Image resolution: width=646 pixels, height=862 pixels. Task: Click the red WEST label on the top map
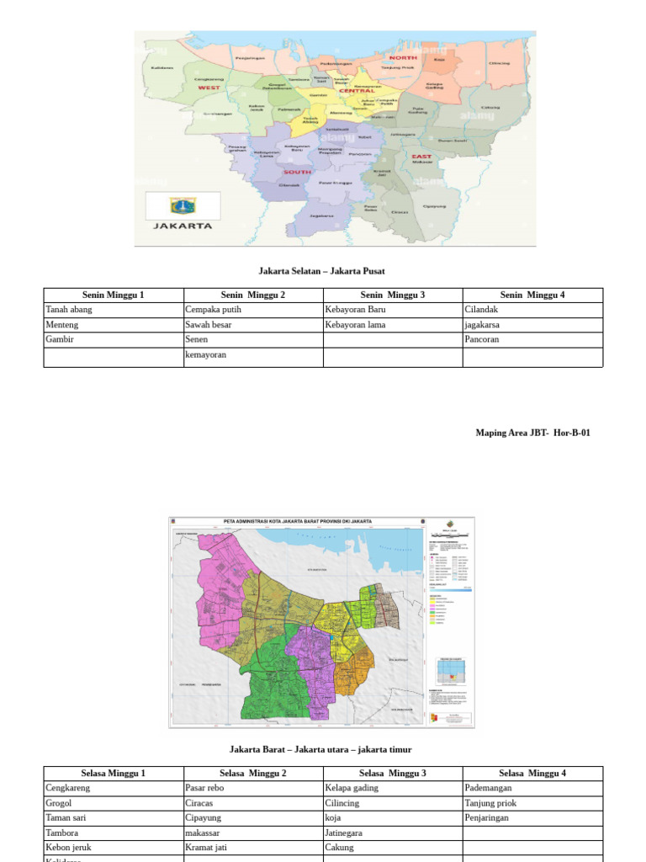[x=209, y=88]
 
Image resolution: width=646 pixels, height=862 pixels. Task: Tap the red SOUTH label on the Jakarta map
[x=297, y=172]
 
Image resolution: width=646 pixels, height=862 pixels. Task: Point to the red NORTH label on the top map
[x=403, y=58]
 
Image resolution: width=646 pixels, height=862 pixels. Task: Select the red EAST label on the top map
[x=421, y=157]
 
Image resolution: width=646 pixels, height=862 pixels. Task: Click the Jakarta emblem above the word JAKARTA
[x=183, y=205]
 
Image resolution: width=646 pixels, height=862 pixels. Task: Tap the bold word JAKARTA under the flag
[x=183, y=226]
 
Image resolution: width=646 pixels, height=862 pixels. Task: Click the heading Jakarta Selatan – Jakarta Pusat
[x=321, y=271]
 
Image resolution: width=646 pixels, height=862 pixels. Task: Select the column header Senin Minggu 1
[x=114, y=295]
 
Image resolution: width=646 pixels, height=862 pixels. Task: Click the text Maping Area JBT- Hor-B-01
[x=533, y=433]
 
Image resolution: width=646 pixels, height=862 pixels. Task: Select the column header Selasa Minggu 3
[x=393, y=774]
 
